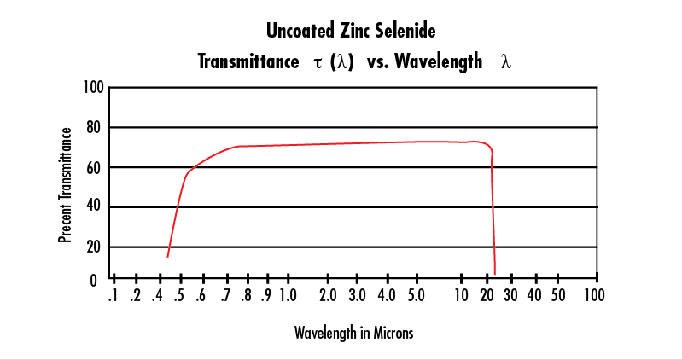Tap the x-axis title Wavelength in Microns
point(353,333)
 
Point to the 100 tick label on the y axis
point(93,87)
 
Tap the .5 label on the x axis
point(179,296)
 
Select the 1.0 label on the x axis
point(287,296)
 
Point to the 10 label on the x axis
point(462,296)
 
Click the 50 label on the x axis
point(557,296)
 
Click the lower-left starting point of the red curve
point(167,256)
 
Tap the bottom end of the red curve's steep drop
point(494,273)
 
